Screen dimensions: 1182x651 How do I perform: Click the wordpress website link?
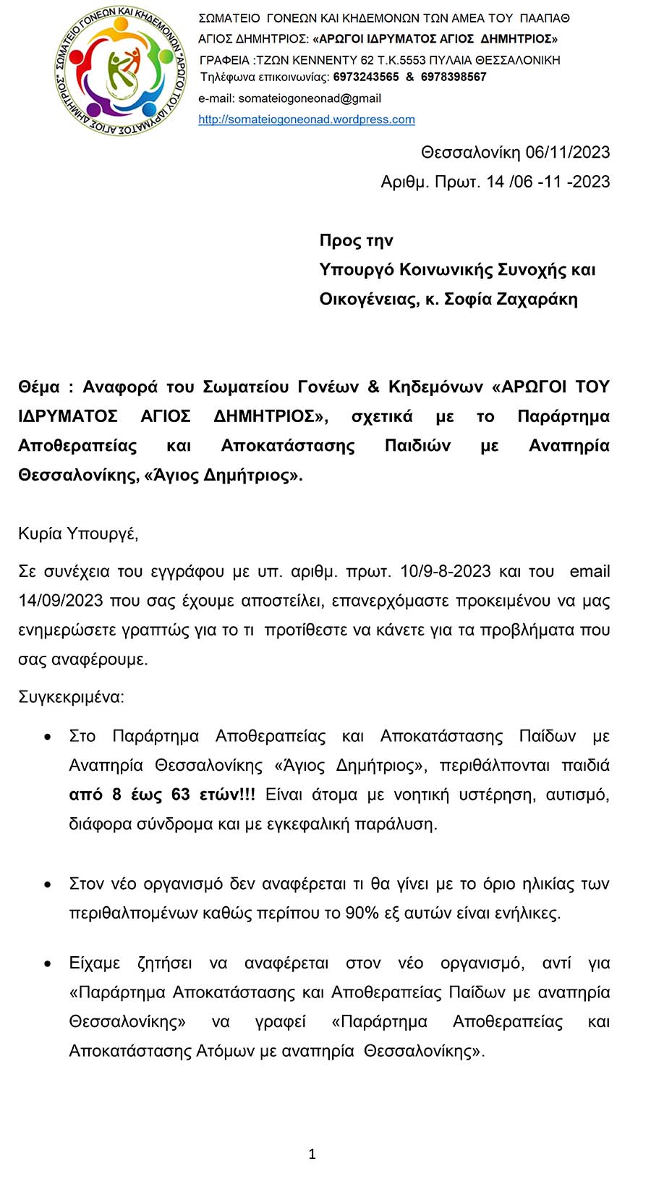(x=307, y=119)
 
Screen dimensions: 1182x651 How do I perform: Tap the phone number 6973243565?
(x=365, y=77)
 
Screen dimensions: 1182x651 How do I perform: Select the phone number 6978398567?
(x=454, y=77)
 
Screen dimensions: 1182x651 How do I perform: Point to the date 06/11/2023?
(x=568, y=152)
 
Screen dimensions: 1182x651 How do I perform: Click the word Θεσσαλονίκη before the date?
(x=470, y=152)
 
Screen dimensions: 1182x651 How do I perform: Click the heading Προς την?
(x=356, y=240)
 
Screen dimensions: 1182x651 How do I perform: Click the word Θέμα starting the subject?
(x=39, y=387)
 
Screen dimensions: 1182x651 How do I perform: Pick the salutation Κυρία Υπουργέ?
(x=78, y=534)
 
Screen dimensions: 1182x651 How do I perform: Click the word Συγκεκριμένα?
(x=71, y=697)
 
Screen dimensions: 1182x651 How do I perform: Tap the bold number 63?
(x=180, y=795)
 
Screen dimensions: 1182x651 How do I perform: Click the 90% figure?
(x=362, y=913)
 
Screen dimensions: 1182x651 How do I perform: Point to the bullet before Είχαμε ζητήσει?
(x=48, y=964)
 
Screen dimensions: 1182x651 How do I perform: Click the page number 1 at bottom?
(x=312, y=1154)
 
